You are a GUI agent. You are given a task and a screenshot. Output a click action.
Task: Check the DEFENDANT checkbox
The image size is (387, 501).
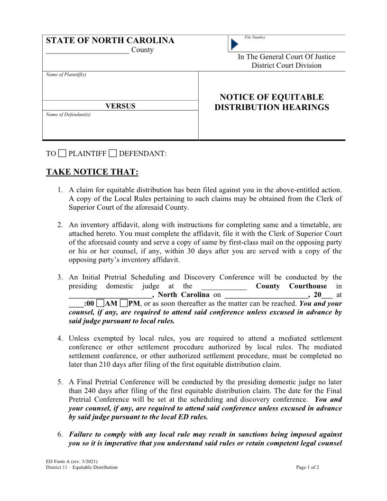point(112,153)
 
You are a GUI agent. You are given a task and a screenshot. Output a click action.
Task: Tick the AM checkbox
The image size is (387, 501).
point(100,303)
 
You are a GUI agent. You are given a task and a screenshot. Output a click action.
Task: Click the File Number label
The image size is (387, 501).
point(255,37)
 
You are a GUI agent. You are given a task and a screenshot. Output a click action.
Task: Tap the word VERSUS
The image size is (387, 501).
point(120,106)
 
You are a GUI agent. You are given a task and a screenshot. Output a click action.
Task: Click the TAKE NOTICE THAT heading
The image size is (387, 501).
point(92,172)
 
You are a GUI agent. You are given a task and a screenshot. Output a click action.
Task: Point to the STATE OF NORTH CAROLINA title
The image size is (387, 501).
point(110,41)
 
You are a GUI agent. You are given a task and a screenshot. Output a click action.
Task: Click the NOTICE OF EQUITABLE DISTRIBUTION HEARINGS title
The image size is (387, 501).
point(272,102)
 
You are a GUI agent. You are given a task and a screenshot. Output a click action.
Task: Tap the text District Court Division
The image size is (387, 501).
point(286,65)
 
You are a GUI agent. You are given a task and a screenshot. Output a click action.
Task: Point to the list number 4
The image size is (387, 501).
point(60,338)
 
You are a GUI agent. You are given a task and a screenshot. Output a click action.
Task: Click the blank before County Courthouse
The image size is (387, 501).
point(224,286)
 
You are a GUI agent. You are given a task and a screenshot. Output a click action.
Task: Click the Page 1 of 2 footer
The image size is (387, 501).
point(307,467)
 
